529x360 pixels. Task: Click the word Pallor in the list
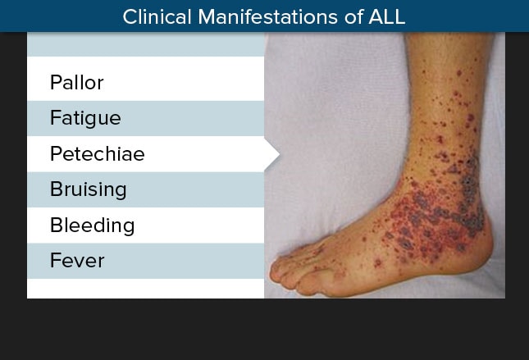[x=76, y=82]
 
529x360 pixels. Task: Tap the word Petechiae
[x=97, y=153]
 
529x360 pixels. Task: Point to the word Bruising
[x=89, y=190]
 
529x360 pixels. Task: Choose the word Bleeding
[x=92, y=226]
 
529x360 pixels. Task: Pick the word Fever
[x=77, y=261]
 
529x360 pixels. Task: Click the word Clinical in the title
[x=157, y=17]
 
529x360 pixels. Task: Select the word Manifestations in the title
[x=268, y=17]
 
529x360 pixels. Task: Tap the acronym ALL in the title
[x=387, y=17]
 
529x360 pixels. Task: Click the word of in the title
[x=353, y=17]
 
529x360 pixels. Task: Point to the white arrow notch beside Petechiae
[x=272, y=154]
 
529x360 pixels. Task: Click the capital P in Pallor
[x=56, y=82]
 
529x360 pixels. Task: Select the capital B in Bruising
[x=56, y=189]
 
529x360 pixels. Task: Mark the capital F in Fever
[x=55, y=261]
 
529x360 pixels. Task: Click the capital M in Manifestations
[x=207, y=17]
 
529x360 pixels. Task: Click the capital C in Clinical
[x=130, y=17]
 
